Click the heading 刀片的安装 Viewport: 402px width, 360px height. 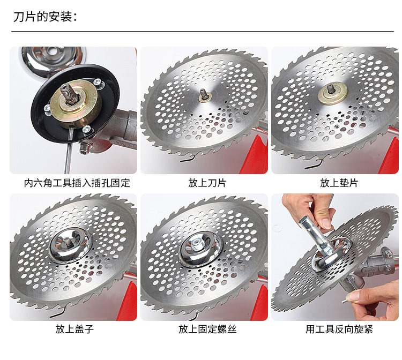45,17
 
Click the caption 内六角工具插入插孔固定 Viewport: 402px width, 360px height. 77,183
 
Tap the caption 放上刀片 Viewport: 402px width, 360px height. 207,183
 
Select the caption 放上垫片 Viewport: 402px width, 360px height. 339,183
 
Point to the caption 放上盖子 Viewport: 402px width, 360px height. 75,329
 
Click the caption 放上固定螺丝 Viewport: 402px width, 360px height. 207,329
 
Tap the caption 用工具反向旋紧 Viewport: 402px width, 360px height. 339,329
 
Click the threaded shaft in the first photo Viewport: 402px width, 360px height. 68,94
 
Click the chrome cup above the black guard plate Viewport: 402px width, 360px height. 53,61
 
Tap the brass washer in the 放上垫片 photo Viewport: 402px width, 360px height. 333,93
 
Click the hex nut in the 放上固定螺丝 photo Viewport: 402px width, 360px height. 197,243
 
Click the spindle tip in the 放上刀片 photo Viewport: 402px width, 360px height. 203,93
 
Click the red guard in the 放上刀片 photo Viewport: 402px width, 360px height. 254,154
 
